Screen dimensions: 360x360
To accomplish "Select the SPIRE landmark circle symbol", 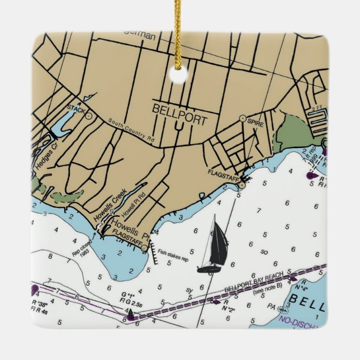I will [x=242, y=118].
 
